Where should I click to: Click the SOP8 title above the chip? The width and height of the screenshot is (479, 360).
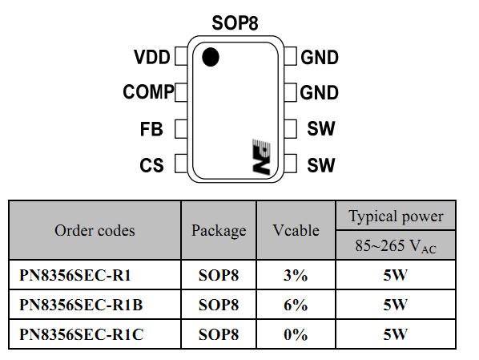click(235, 23)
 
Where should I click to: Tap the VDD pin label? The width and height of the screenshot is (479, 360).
click(152, 57)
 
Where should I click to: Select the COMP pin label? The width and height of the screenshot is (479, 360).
click(148, 91)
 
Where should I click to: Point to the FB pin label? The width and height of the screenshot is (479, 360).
click(151, 129)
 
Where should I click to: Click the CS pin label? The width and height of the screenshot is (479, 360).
click(151, 165)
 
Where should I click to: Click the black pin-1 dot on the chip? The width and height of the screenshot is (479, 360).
click(211, 57)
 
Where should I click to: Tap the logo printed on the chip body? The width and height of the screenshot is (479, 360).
click(261, 157)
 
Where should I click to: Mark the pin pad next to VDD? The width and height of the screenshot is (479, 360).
click(181, 56)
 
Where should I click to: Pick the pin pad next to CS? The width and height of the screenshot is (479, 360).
click(181, 164)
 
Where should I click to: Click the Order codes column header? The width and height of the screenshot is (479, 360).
click(95, 230)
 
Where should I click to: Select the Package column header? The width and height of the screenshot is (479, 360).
click(219, 231)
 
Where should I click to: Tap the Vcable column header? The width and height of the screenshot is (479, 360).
click(296, 230)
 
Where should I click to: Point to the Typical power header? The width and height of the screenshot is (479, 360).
click(396, 216)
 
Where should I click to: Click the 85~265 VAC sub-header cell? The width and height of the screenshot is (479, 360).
click(396, 245)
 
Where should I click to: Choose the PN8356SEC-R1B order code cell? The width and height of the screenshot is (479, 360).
click(95, 305)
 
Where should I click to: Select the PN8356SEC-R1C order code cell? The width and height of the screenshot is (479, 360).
click(95, 334)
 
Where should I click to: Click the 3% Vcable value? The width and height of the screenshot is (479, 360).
click(296, 275)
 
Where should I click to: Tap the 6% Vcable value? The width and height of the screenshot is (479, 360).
click(296, 305)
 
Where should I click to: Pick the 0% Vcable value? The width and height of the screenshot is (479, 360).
click(296, 334)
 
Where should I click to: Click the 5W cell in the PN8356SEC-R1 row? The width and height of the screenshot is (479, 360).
click(396, 275)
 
